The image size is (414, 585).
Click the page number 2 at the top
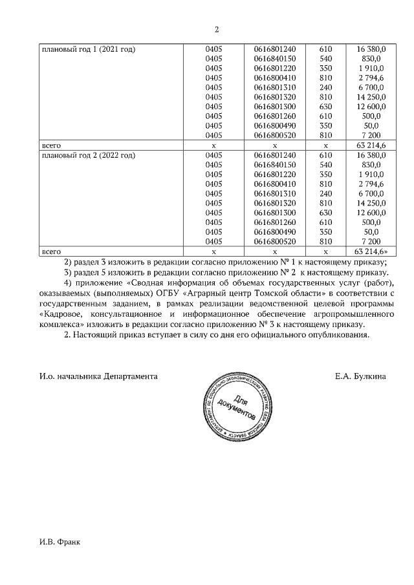coord(216,29)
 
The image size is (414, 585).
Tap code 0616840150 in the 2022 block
coord(275,165)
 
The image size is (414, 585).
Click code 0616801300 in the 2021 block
coord(275,107)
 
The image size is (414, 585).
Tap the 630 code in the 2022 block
coord(325,213)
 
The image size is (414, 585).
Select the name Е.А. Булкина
coord(361,376)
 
